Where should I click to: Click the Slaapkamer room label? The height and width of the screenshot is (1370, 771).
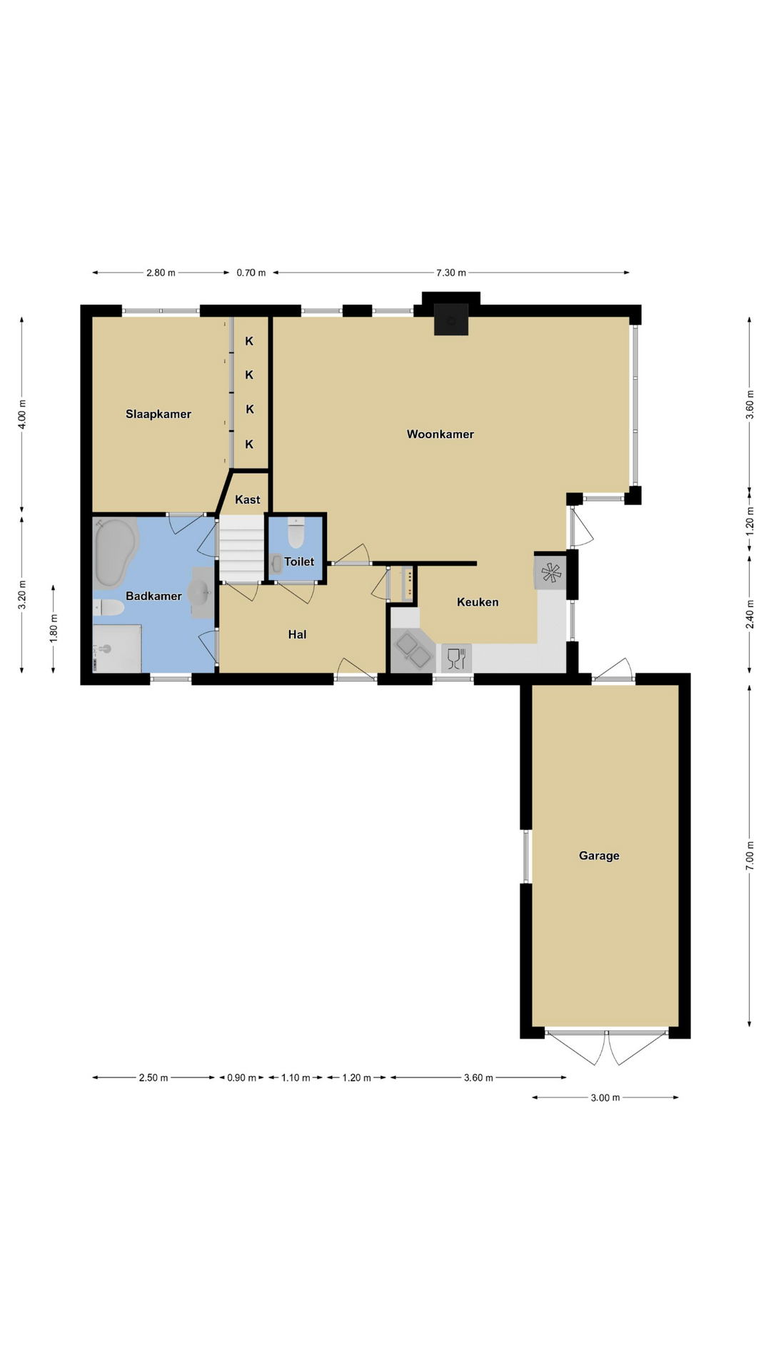[x=158, y=414]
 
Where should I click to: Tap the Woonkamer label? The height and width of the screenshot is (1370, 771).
[x=440, y=434]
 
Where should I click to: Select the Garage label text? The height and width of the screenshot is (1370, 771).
[x=599, y=856]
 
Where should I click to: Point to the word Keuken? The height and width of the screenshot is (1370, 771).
[x=478, y=602]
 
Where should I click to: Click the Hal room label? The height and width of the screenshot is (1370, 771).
[x=297, y=634]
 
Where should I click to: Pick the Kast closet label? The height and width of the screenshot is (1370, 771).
[x=248, y=499]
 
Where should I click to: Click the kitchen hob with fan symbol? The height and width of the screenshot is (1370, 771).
[x=550, y=572]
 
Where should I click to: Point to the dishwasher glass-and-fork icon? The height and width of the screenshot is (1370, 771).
[x=456, y=658]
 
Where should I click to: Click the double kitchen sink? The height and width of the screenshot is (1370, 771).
[x=413, y=651]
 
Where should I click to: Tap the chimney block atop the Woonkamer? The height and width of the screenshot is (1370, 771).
[x=451, y=320]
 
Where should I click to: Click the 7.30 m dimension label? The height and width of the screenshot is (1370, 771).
[x=451, y=273]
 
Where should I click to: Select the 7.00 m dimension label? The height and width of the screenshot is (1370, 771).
[x=750, y=856]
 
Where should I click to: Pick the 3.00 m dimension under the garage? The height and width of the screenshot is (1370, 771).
[x=605, y=1097]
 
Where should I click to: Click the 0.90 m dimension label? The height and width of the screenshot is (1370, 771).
[x=242, y=1077]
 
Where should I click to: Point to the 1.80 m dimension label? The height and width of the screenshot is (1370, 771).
[x=54, y=629]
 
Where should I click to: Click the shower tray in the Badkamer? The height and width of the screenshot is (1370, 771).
[x=117, y=649]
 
